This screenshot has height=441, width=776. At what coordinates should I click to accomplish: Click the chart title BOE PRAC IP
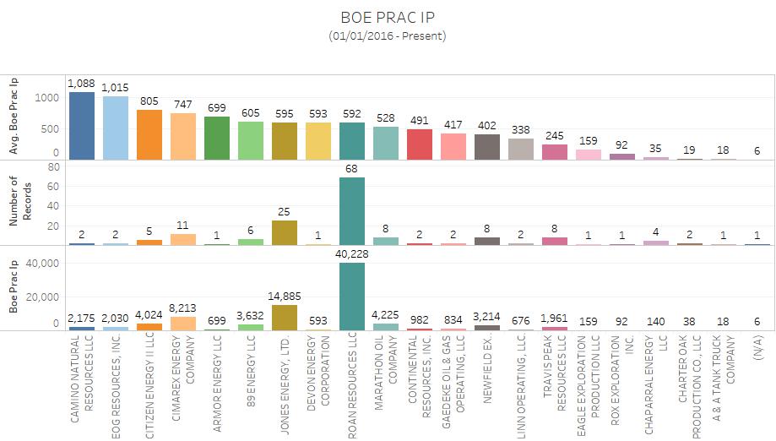point(388,18)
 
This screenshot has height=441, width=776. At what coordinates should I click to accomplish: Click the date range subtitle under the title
point(388,35)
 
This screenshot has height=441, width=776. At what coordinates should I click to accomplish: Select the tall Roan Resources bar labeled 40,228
point(352,296)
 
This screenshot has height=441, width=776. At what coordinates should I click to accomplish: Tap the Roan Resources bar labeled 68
point(352,211)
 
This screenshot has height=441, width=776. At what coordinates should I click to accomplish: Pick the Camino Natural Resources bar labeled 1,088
point(81,126)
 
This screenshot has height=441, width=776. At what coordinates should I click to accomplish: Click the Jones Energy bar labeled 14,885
point(285,318)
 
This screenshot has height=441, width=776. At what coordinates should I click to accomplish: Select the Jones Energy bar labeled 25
point(285,233)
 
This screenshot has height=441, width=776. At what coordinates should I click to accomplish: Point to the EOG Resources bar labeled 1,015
point(115,128)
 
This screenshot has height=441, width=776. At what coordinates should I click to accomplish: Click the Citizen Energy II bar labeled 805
point(149,135)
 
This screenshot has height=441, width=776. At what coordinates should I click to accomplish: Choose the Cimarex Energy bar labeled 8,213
point(182,323)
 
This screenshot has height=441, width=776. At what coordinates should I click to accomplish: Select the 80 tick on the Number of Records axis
point(52,167)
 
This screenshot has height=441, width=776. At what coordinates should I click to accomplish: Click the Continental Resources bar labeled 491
point(420,144)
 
